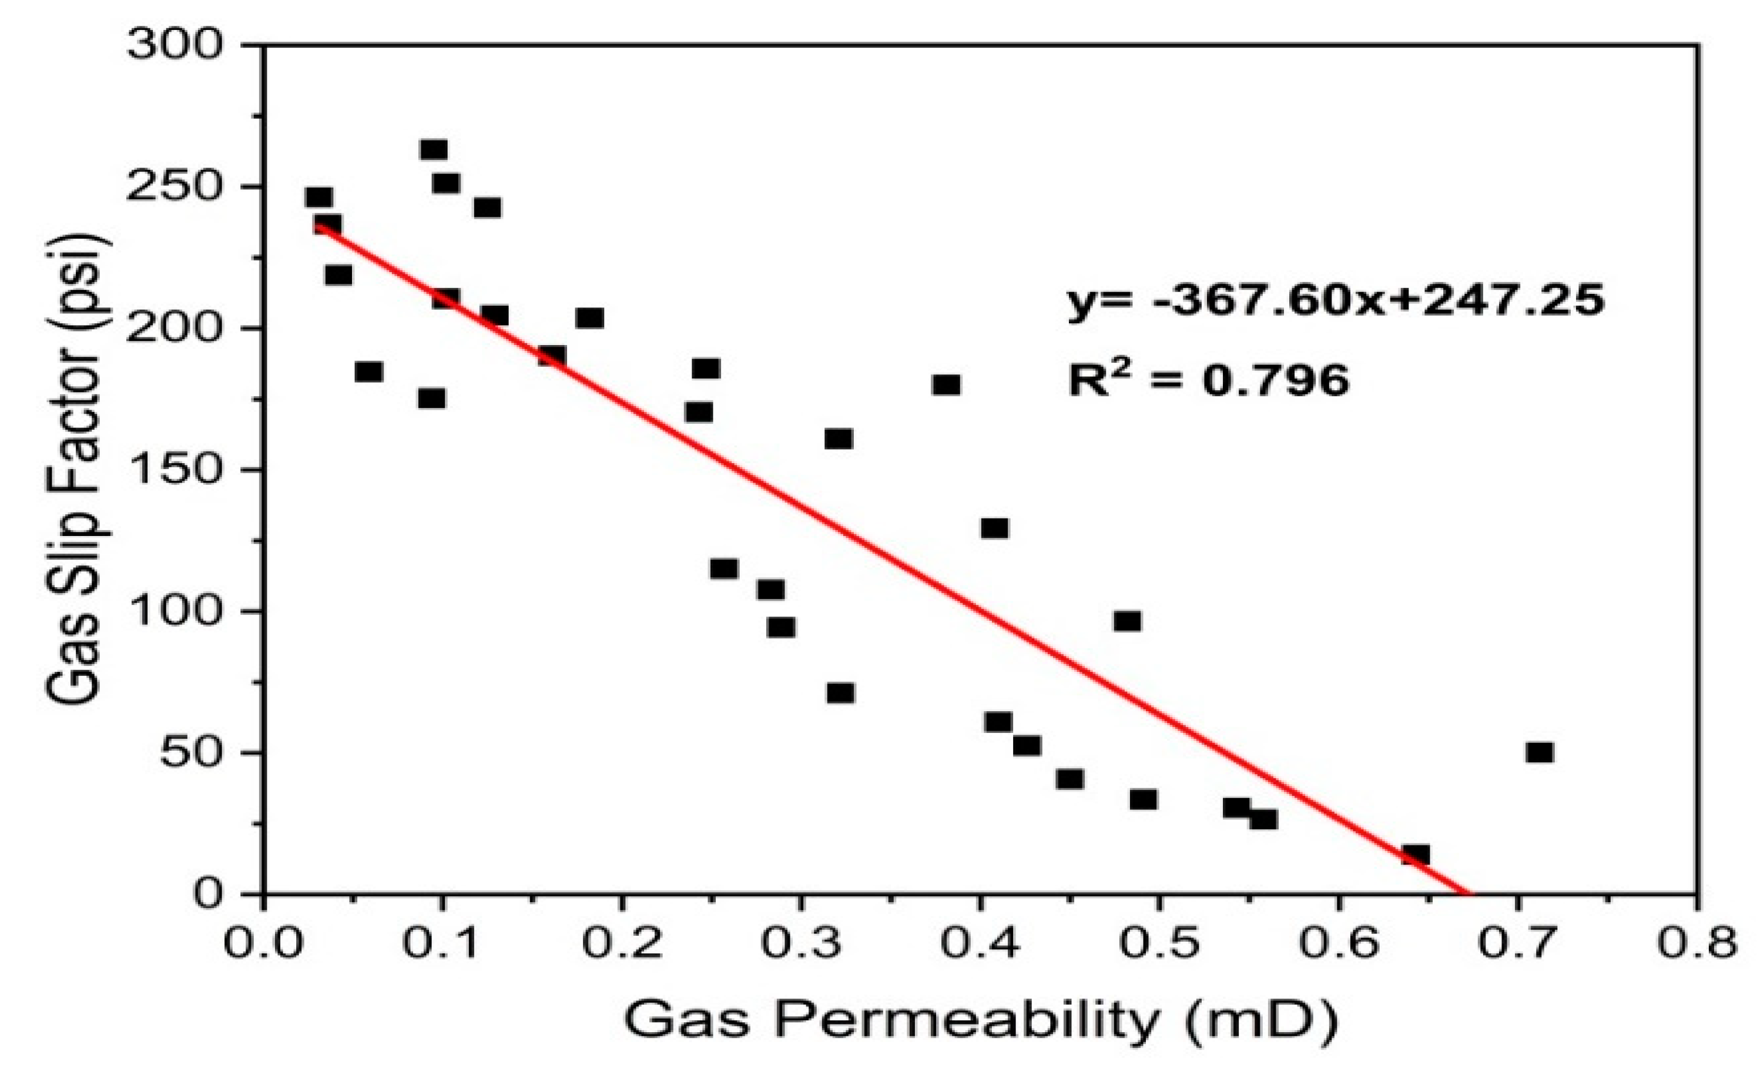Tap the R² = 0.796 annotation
tap(1209, 380)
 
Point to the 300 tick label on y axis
tap(175, 46)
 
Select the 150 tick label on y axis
tap(175, 470)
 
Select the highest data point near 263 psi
tap(434, 150)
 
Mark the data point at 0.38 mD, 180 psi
tap(946, 385)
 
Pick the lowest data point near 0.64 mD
tap(1416, 855)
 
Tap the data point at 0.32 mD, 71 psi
tap(841, 693)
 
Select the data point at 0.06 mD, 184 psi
tap(368, 371)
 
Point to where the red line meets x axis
tap(1467, 893)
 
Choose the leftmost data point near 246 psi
tap(318, 198)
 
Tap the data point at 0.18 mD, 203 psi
tap(590, 318)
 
